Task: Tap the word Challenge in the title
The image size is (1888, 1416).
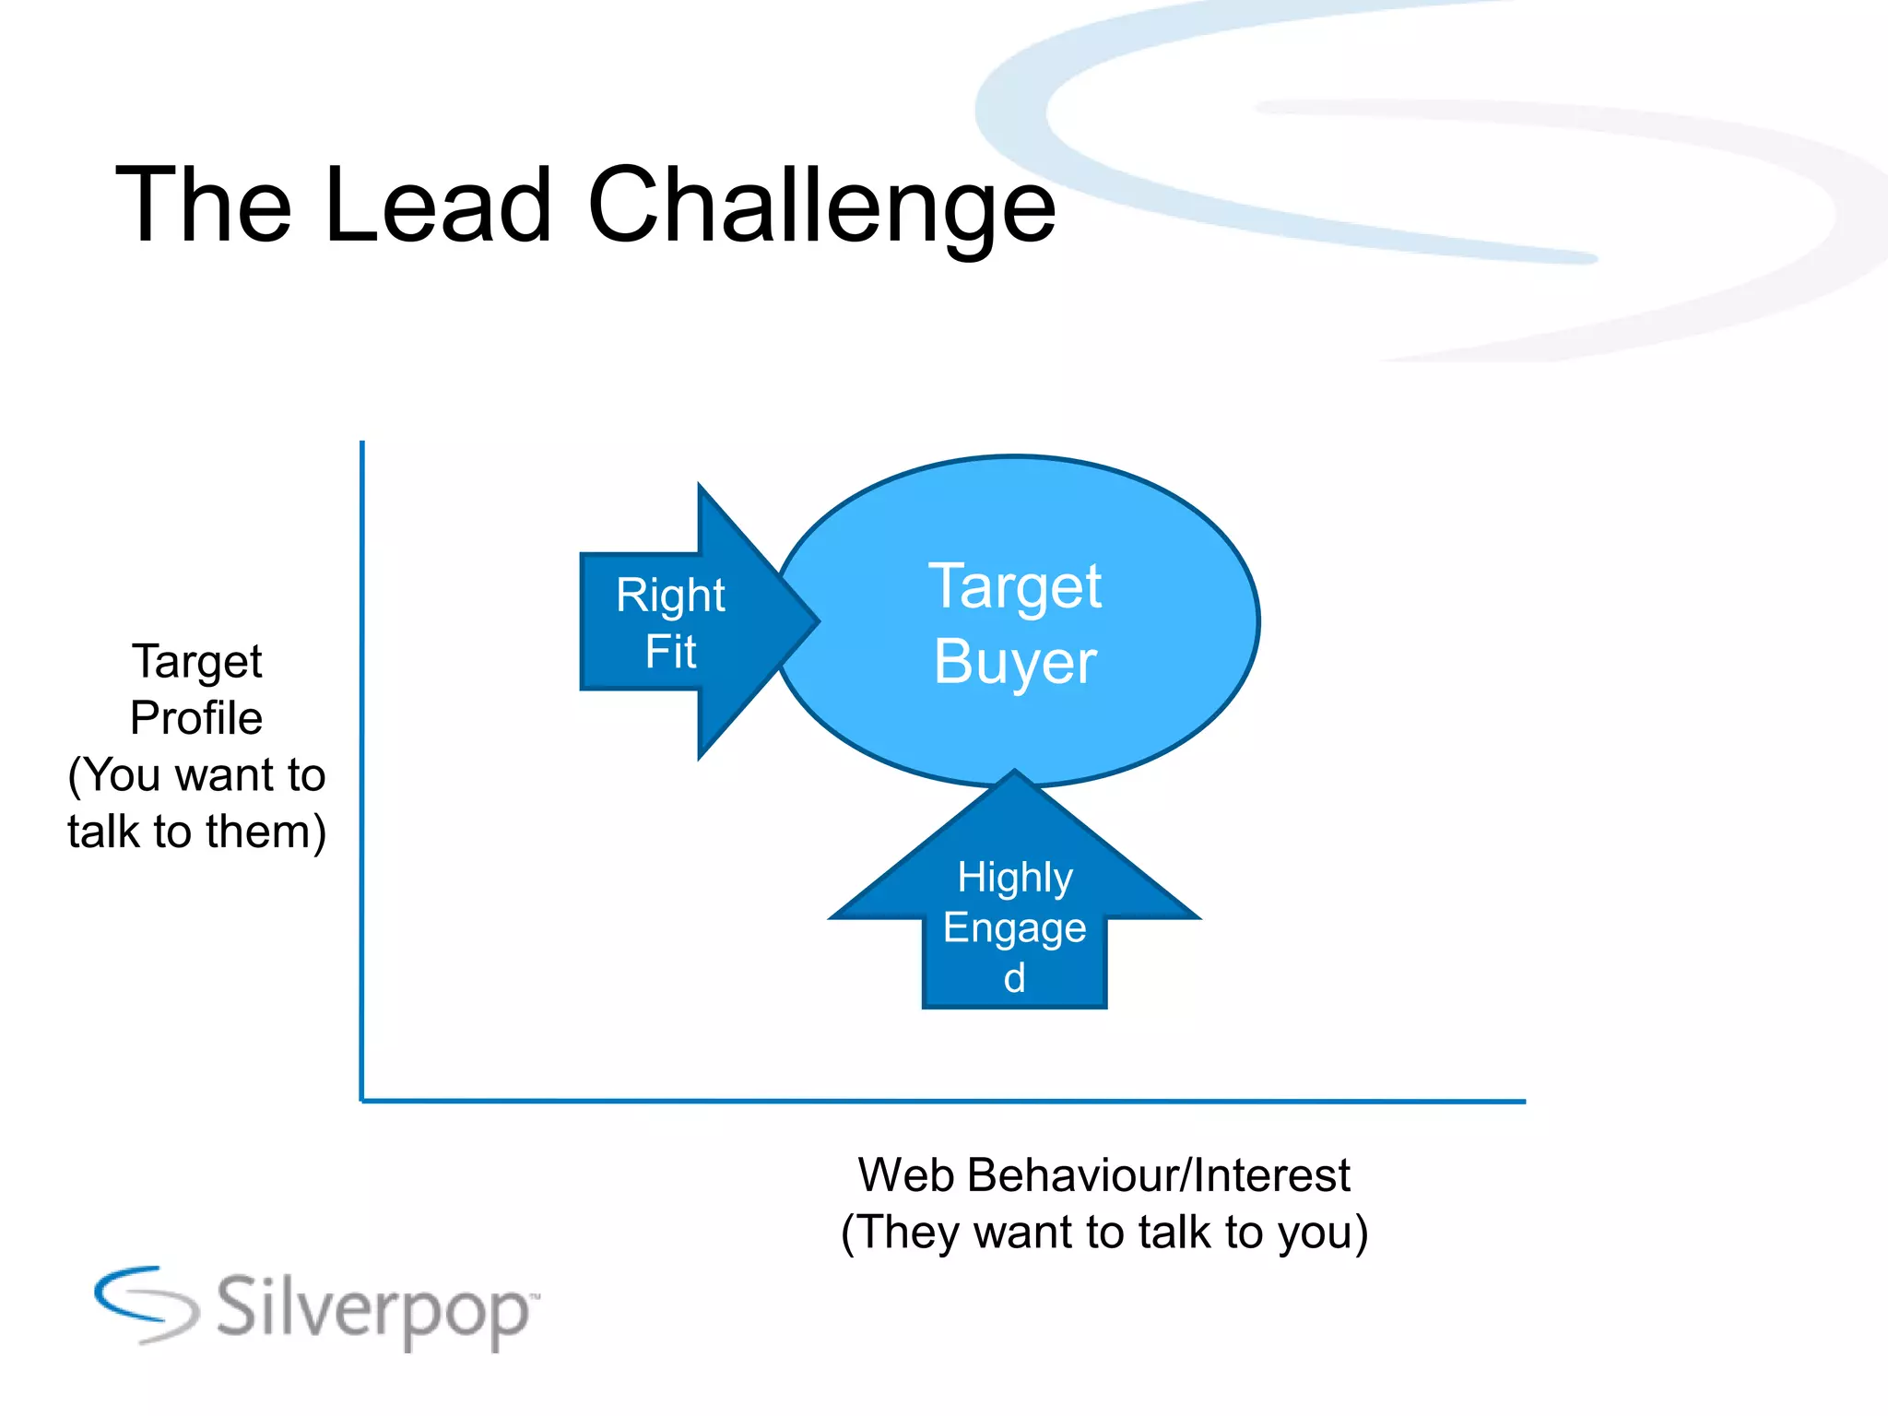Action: (x=821, y=207)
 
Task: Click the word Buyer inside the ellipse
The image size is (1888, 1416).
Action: (x=1015, y=662)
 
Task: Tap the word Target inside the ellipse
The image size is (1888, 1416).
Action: (x=1015, y=586)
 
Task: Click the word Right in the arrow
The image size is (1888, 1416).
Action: (x=670, y=596)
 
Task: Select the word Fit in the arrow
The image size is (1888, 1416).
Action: (x=670, y=652)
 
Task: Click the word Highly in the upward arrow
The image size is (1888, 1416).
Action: (x=1015, y=878)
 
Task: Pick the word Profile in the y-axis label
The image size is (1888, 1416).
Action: (x=196, y=718)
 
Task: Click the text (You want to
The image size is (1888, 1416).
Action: (x=196, y=774)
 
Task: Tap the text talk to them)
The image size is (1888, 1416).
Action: (x=196, y=832)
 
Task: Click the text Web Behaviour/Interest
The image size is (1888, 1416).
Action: (x=1103, y=1175)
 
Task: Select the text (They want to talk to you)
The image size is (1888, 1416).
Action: (x=1103, y=1233)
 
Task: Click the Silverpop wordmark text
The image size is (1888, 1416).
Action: (x=373, y=1309)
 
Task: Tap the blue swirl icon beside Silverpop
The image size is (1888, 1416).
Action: (x=146, y=1304)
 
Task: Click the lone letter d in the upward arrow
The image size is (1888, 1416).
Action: (x=1014, y=978)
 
